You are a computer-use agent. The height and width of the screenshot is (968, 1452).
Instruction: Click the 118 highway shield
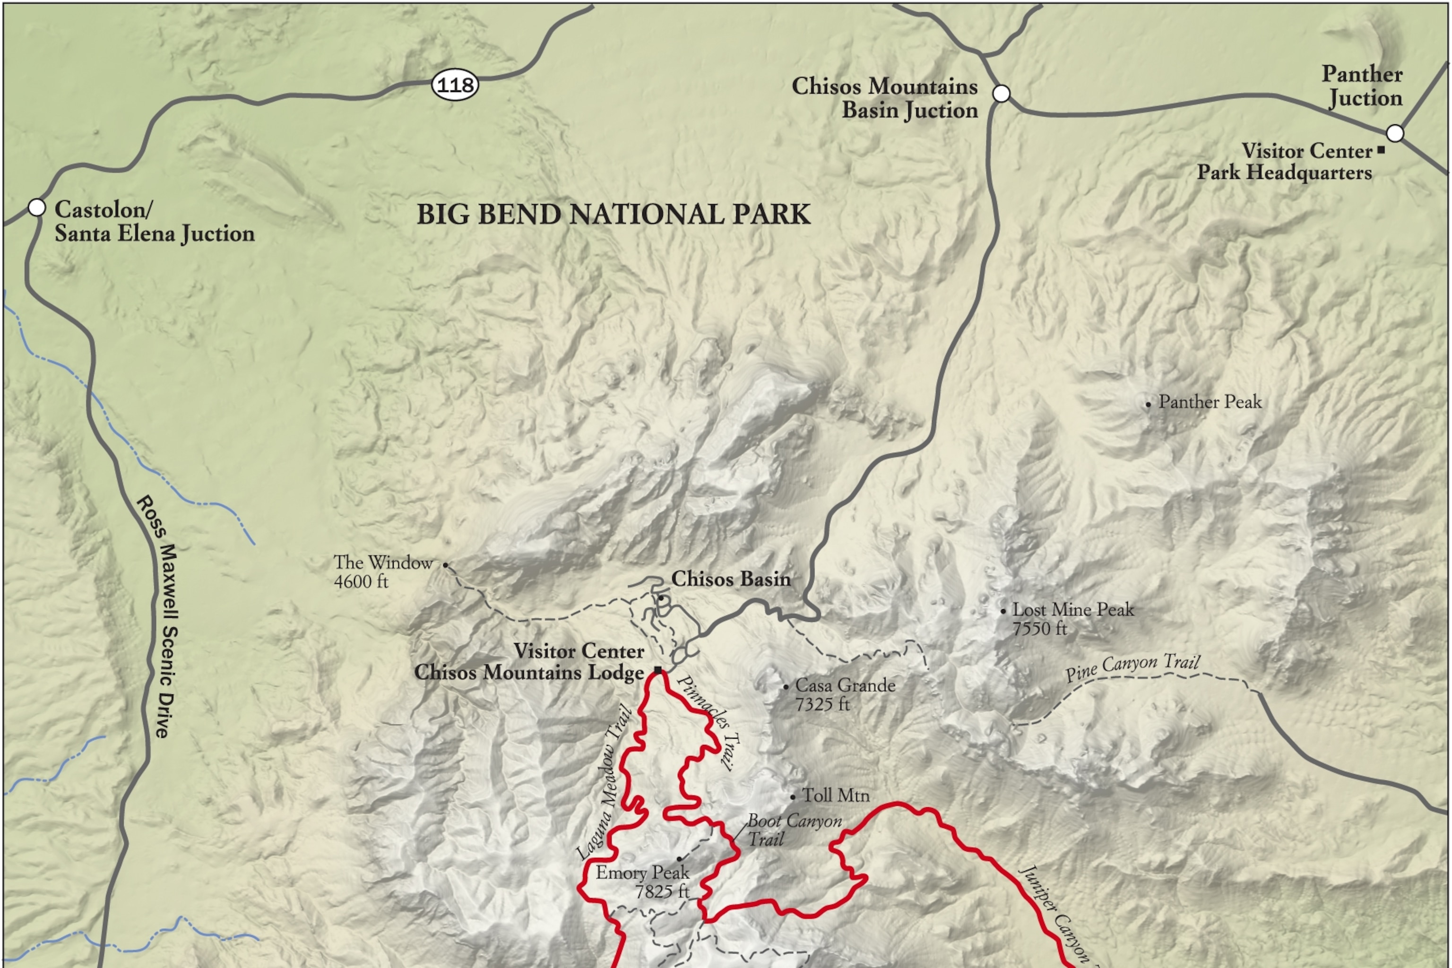(455, 84)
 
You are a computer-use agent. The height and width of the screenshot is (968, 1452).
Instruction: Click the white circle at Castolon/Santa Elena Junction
(37, 207)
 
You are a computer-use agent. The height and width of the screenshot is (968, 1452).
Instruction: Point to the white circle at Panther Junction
(1395, 133)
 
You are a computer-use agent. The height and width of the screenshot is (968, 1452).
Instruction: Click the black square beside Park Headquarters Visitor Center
(1382, 149)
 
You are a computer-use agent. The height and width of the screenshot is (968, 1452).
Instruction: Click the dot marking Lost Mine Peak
(1003, 611)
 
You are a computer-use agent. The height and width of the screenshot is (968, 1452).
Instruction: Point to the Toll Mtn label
(835, 796)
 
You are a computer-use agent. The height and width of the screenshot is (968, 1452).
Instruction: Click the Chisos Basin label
(730, 579)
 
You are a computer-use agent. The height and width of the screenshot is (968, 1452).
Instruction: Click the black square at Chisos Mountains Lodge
(658, 670)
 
